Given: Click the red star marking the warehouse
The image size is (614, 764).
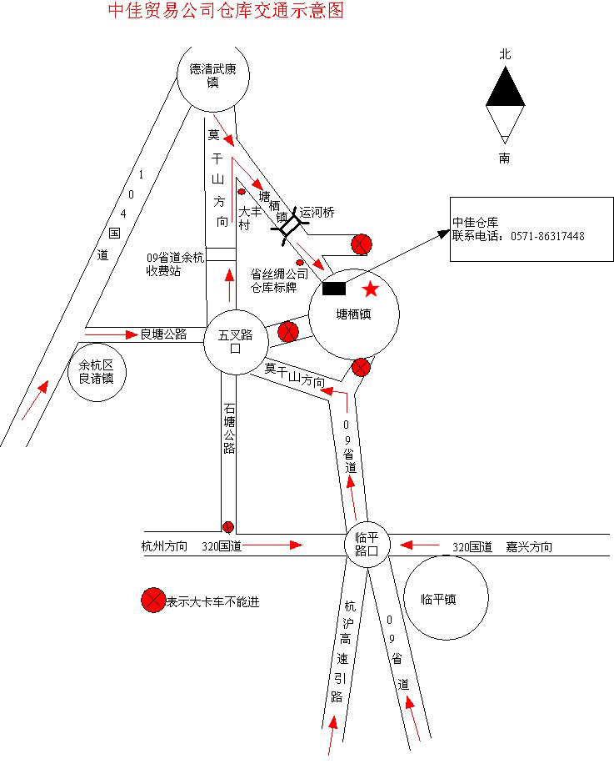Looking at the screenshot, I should [371, 289].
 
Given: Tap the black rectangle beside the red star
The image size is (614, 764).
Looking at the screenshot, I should [334, 289].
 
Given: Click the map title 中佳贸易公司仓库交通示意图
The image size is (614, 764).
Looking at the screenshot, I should [226, 11].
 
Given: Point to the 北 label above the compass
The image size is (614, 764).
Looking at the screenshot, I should [505, 53].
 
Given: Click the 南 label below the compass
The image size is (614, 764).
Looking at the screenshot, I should [505, 158].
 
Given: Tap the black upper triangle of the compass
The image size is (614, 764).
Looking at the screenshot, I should [505, 88].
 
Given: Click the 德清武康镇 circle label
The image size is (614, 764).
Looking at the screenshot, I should [212, 76].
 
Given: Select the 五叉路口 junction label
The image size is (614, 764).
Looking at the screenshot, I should [235, 342].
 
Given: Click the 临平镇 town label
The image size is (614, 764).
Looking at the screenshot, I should [438, 599].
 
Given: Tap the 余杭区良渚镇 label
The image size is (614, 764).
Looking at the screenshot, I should [97, 371].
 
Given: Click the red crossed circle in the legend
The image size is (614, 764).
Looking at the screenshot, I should [153, 601].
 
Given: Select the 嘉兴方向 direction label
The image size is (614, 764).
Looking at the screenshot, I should [528, 547].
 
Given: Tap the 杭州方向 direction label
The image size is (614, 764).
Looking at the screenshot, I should [165, 547].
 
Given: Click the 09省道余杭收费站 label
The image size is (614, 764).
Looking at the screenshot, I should [175, 264].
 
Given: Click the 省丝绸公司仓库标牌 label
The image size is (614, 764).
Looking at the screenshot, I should [279, 279].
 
